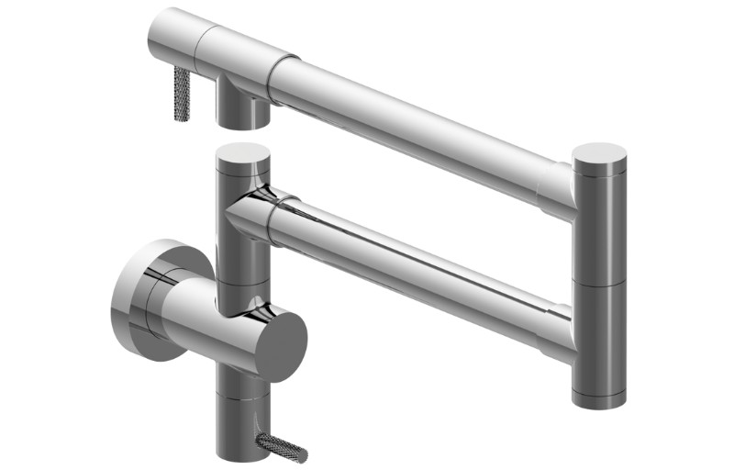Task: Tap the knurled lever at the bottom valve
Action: [x=281, y=448]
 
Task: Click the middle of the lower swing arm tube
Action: [x=413, y=266]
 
